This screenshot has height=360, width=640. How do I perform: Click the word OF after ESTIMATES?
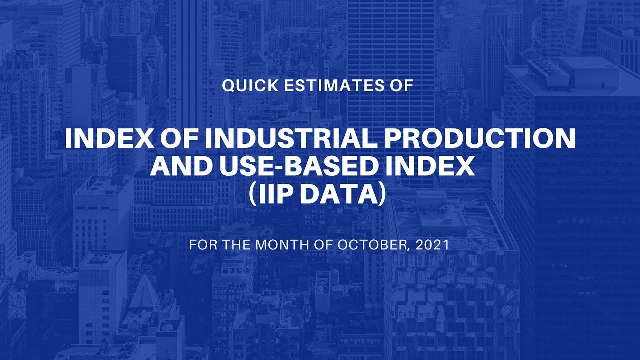[x=403, y=85]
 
